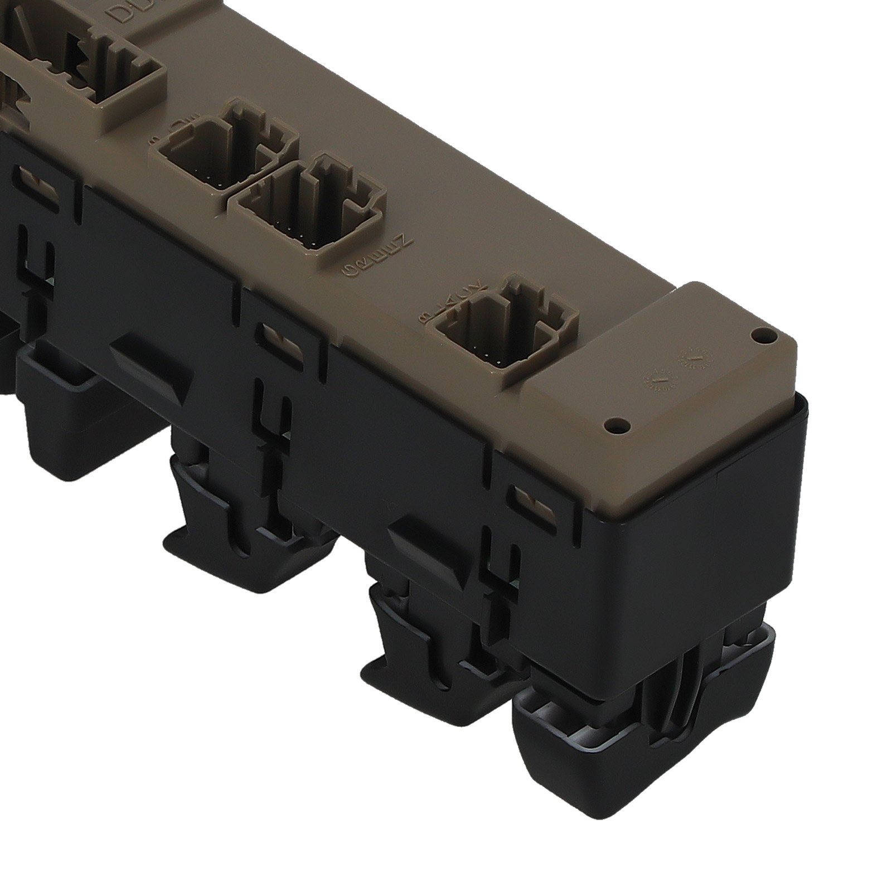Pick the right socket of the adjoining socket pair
coord(312,206)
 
